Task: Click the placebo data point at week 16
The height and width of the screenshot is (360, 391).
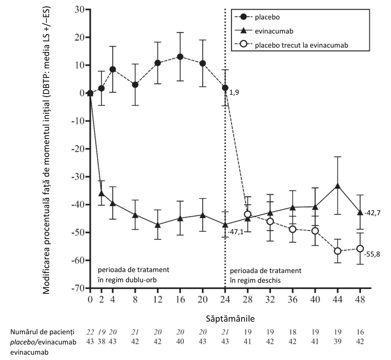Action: click(x=180, y=57)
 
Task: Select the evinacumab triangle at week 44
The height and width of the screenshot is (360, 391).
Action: click(x=338, y=186)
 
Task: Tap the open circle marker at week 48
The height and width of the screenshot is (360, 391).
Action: click(x=360, y=248)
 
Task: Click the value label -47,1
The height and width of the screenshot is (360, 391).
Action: click(x=236, y=232)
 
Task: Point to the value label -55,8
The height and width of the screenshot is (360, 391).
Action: click(x=372, y=255)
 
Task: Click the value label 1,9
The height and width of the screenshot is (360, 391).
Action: click(x=234, y=93)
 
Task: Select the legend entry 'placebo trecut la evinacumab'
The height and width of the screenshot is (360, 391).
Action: click(x=291, y=45)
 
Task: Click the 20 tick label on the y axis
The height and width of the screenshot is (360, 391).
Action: click(x=79, y=37)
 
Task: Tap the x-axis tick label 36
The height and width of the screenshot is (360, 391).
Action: click(x=292, y=299)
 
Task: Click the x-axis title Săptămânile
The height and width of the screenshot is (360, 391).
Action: click(x=231, y=319)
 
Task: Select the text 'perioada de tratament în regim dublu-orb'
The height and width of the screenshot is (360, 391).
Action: click(x=133, y=275)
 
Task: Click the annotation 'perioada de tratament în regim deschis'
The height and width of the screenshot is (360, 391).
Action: click(x=266, y=275)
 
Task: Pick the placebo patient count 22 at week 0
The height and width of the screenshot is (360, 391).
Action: click(x=90, y=332)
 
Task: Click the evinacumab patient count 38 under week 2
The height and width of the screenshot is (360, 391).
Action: click(x=102, y=342)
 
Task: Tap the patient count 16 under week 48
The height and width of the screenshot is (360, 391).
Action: click(x=360, y=332)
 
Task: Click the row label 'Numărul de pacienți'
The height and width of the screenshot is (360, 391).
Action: click(x=42, y=332)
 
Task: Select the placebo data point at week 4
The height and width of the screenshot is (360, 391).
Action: click(x=113, y=69)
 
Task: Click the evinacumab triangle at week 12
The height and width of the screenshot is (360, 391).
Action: click(x=158, y=224)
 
